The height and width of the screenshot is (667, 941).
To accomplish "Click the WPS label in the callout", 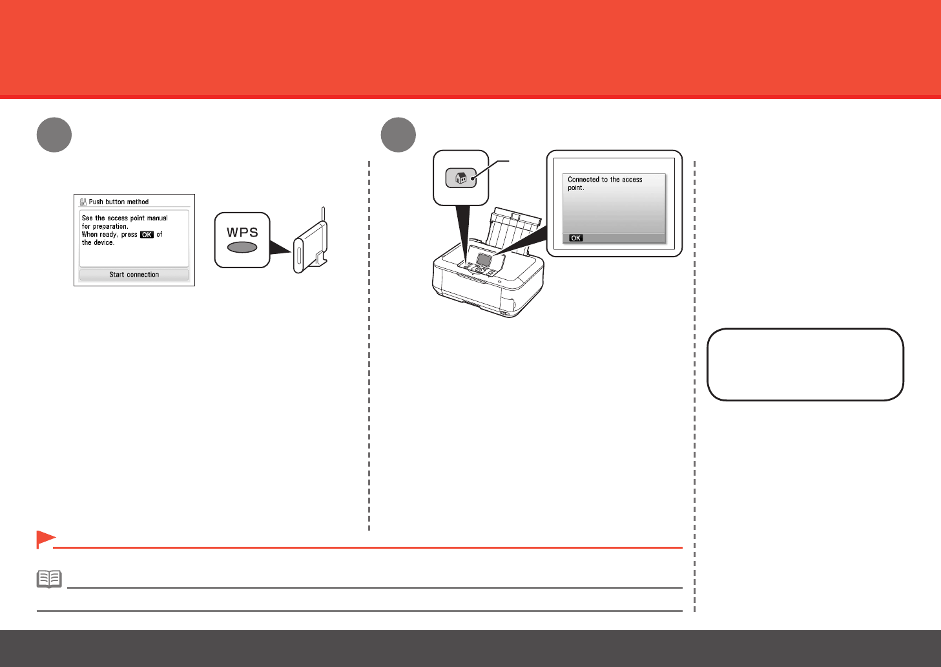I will coord(242,232).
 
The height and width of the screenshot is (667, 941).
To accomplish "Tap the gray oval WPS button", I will coord(242,248).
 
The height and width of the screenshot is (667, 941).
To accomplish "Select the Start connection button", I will coord(134,275).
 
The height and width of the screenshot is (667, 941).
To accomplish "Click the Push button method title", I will coord(119,202).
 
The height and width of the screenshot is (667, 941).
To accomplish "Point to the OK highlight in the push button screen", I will coord(147,235).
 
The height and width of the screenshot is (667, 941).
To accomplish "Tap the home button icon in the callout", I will coord(461,178).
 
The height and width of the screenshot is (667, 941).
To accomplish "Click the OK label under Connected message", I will coord(575,238).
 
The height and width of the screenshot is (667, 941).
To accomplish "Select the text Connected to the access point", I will coord(605,184).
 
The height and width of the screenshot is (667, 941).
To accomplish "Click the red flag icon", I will coord(45,538).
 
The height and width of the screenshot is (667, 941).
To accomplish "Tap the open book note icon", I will coord(49,578).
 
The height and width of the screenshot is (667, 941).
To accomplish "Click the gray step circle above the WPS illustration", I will coord(54,135).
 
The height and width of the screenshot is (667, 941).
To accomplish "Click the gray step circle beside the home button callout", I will coord(398,135).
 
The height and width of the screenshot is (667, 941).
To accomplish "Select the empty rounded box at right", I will coord(805,365).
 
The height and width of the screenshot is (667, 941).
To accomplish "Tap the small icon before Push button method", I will coord(83,202).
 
